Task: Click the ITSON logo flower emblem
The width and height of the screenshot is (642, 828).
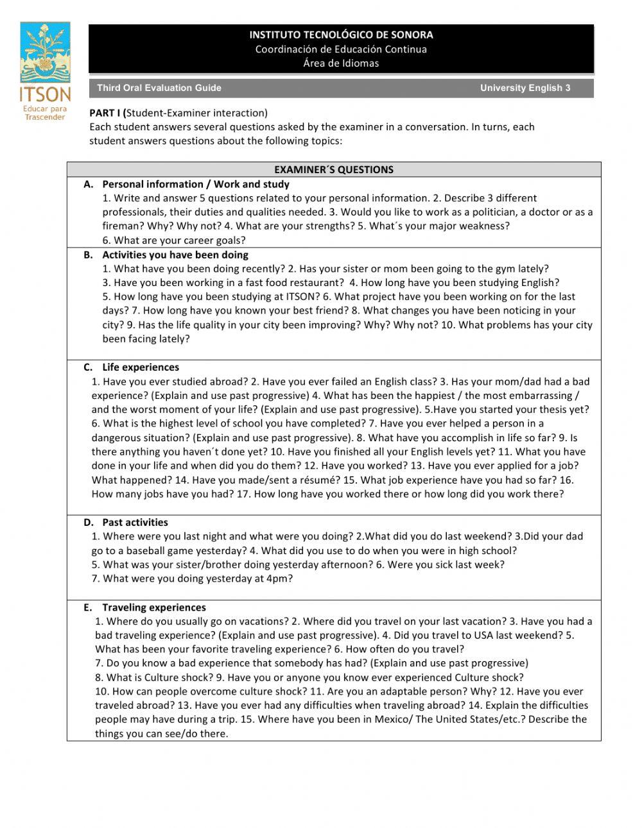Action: [45, 55]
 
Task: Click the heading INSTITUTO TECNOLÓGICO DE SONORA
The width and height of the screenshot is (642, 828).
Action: [341, 35]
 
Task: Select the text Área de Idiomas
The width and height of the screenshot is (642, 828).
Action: [341, 63]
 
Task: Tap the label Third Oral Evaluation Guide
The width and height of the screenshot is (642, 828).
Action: [159, 88]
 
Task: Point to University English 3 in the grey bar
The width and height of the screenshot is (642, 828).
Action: [525, 88]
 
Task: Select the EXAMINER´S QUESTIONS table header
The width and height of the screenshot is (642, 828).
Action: [334, 169]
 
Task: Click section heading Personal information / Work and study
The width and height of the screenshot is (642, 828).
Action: [196, 184]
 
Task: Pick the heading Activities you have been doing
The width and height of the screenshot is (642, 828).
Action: [175, 255]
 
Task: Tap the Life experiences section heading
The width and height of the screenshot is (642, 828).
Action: [141, 368]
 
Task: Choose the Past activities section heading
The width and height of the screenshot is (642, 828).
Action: [135, 523]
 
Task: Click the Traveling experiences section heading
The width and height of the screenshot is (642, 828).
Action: [154, 607]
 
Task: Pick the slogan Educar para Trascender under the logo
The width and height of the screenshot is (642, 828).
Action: [44, 114]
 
